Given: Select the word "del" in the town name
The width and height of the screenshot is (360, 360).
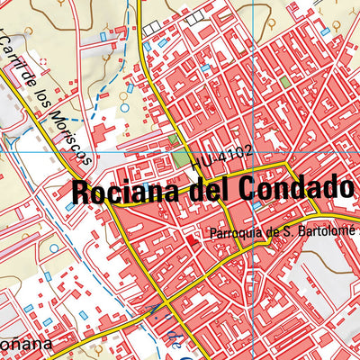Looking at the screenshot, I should click(x=208, y=189).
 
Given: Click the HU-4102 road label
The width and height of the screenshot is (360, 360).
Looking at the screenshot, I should click(x=220, y=161).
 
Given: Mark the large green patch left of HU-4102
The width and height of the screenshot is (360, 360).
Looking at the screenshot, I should click(x=183, y=158).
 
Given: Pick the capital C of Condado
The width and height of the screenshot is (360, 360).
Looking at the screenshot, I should click(x=248, y=188).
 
